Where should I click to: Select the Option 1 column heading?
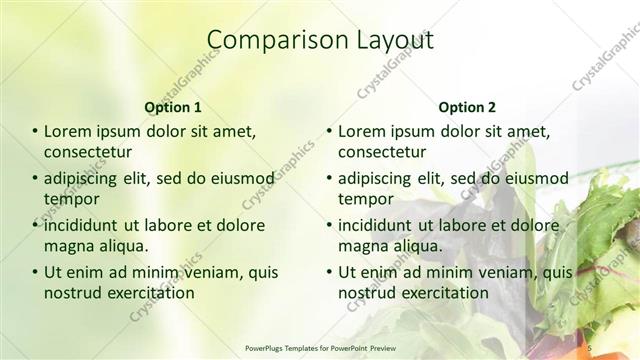click(173, 107)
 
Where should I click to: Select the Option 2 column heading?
click(466, 107)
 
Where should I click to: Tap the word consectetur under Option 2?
click(382, 152)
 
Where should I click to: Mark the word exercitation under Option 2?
click(442, 292)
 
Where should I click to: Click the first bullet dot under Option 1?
click(35, 132)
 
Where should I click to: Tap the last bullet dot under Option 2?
click(329, 272)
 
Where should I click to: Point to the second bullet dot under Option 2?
click(329, 179)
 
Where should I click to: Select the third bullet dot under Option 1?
click(35, 225)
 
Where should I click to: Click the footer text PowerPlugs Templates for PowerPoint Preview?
click(320, 347)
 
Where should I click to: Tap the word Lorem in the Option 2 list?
click(362, 132)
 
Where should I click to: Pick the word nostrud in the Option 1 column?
click(71, 292)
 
